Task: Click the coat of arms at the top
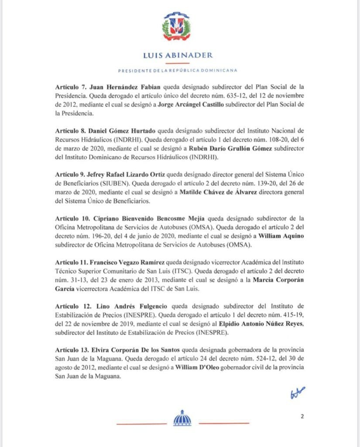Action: coord(177,27)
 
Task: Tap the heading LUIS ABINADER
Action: coord(178,55)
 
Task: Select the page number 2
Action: coord(302,416)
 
